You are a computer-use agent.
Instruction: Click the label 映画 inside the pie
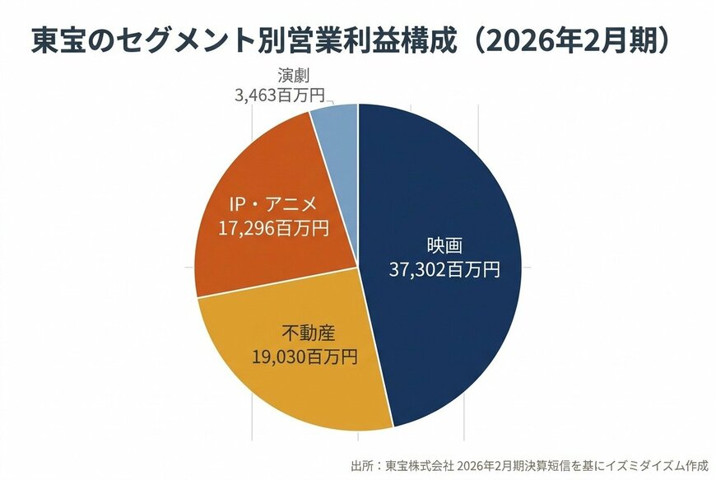[x=444, y=246]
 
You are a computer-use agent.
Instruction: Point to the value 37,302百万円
[x=444, y=269]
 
